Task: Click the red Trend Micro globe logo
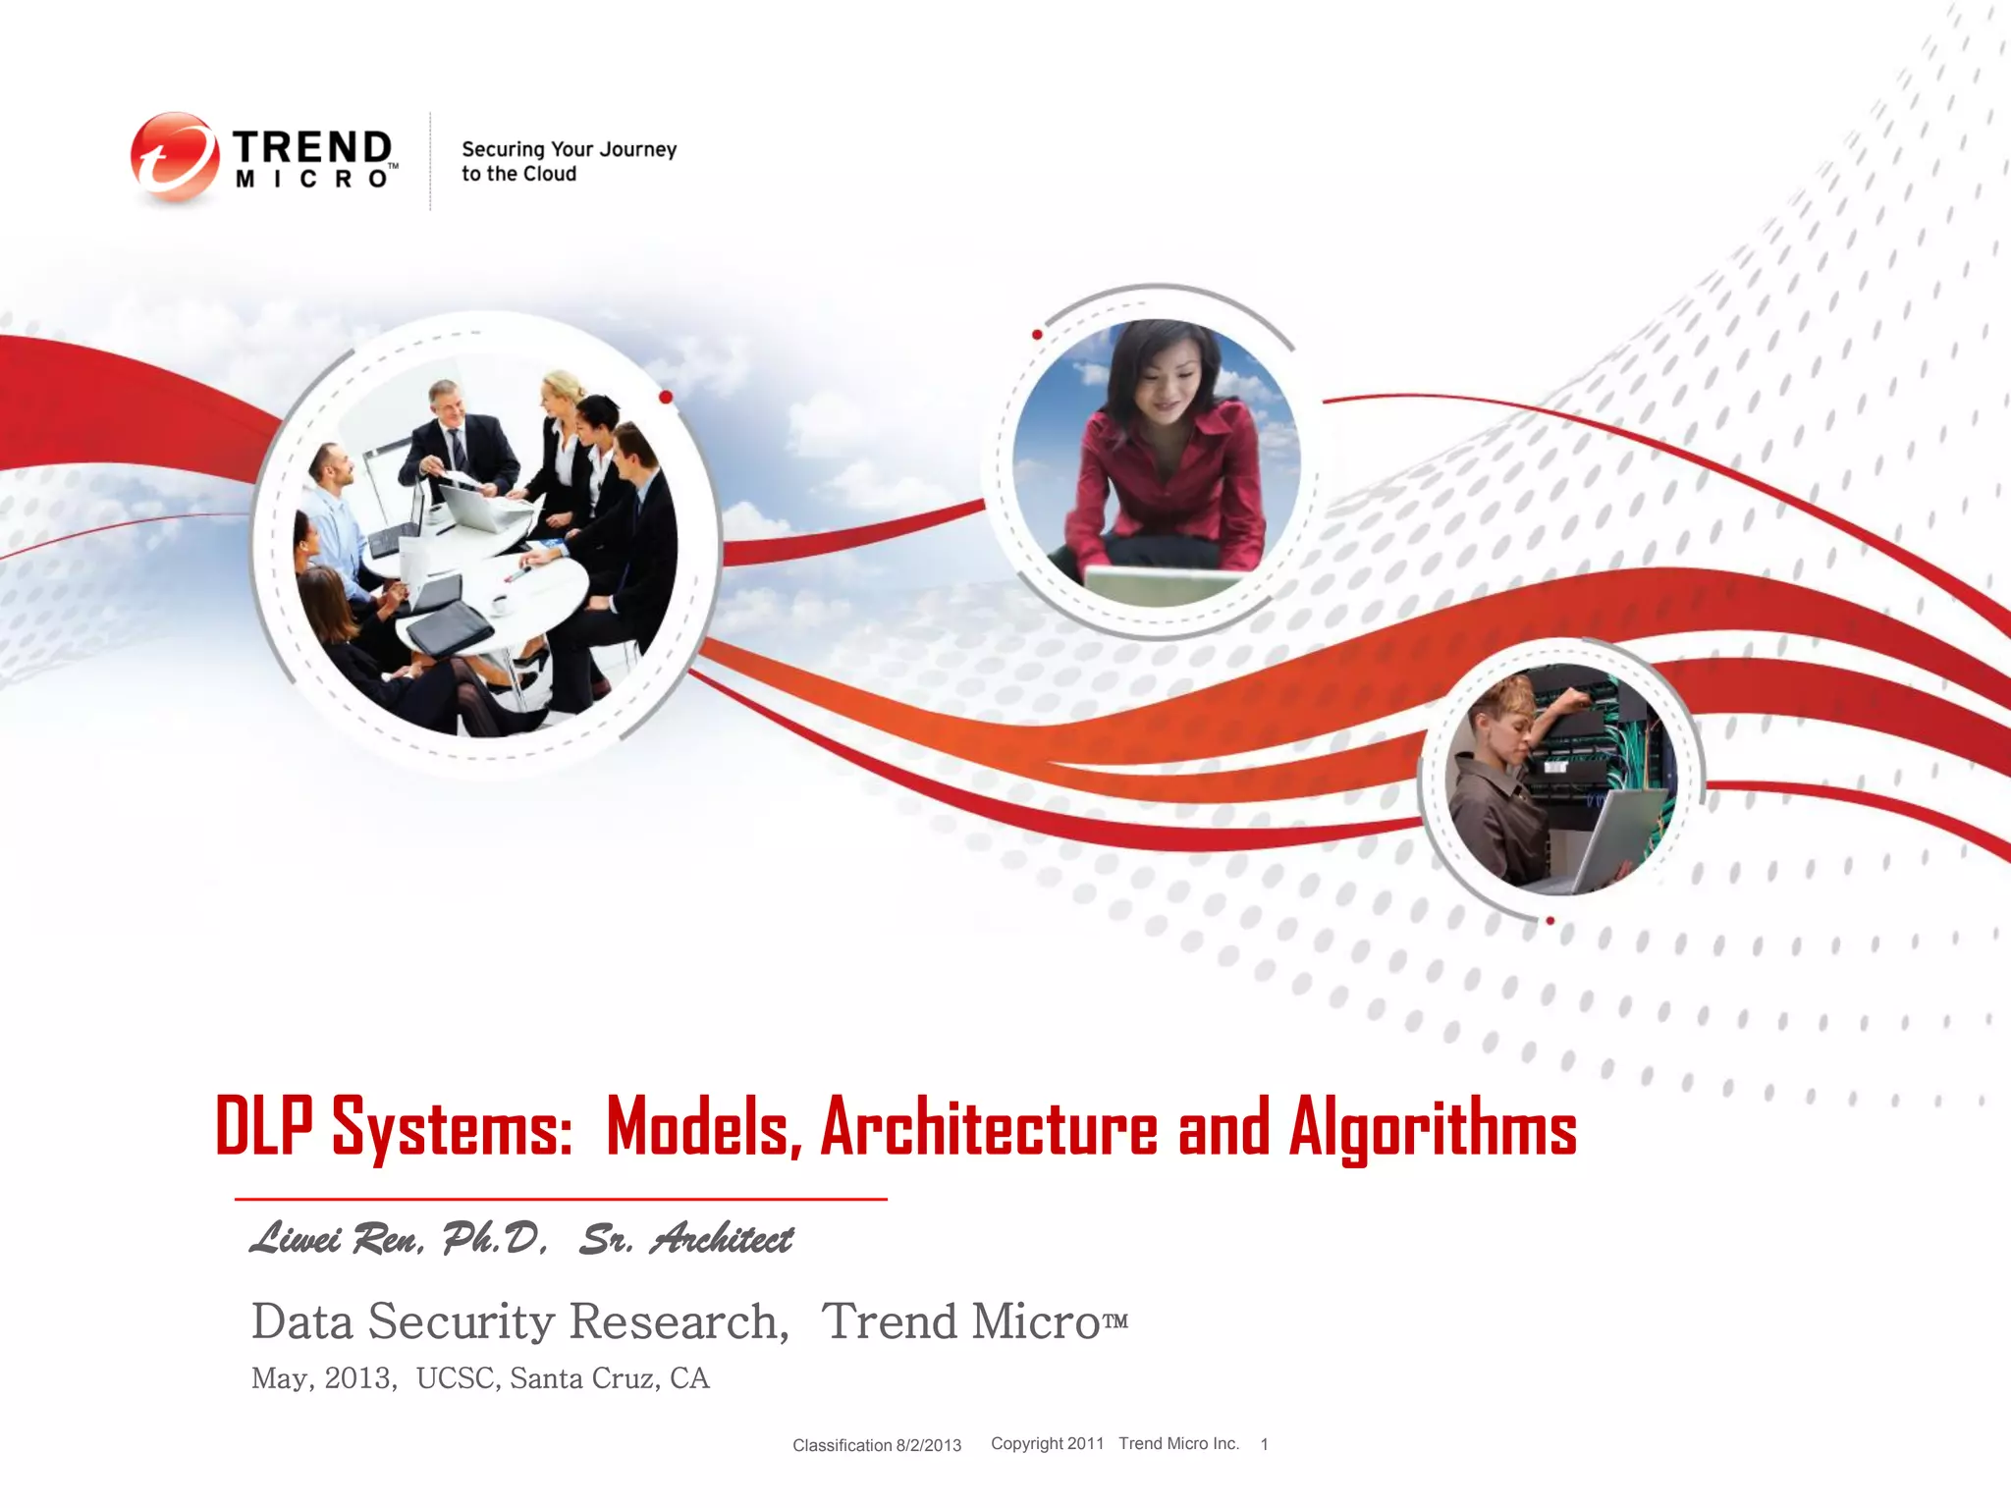coord(174,157)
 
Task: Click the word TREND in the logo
coord(312,147)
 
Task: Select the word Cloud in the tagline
coord(549,175)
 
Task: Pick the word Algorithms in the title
coord(1432,1127)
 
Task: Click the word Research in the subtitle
coord(679,1321)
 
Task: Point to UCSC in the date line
coord(455,1378)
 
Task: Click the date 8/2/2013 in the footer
coord(928,1445)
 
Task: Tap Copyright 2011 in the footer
coord(1047,1443)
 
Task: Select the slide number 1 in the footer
coord(1265,1444)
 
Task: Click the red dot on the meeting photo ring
coord(666,397)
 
